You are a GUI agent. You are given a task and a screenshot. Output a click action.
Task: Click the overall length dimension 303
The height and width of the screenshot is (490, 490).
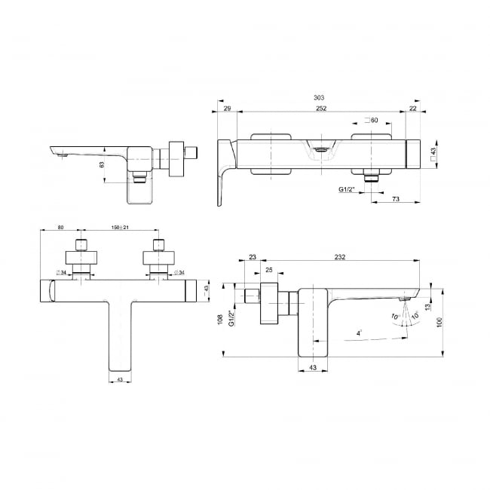click(319, 98)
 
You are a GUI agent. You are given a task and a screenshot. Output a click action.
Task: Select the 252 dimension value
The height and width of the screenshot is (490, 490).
click(321, 109)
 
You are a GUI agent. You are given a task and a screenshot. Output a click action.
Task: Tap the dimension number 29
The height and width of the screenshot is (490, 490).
click(228, 109)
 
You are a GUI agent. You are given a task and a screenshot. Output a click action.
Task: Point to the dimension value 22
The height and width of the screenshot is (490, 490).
click(413, 109)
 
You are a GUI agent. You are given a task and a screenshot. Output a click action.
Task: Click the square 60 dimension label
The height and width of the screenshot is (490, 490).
click(371, 120)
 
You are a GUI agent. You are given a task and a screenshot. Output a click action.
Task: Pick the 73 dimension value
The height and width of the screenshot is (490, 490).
click(396, 199)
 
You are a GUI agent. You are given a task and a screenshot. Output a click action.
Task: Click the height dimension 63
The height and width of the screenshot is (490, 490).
click(102, 164)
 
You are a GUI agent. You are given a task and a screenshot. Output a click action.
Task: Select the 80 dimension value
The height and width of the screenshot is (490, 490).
click(60, 227)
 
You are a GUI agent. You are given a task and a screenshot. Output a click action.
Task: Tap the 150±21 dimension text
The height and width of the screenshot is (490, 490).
click(120, 227)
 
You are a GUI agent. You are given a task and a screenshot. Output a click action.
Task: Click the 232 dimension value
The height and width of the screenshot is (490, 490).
click(340, 257)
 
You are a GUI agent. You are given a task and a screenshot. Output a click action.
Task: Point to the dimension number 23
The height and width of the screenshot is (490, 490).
click(253, 257)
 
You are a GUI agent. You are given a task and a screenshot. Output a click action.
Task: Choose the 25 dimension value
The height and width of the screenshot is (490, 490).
click(269, 270)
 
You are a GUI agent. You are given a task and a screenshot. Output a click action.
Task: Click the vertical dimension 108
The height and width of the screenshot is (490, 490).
click(220, 320)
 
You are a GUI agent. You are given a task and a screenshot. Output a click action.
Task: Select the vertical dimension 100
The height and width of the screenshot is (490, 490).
click(439, 322)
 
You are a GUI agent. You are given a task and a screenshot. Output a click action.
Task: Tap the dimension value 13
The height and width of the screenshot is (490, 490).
click(428, 307)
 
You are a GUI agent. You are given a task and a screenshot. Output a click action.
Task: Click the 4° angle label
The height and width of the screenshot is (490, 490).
click(359, 333)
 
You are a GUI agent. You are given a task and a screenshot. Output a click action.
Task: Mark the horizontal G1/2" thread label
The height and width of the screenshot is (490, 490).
click(347, 189)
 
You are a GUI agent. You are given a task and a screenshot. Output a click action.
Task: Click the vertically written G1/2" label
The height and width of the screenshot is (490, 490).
click(231, 318)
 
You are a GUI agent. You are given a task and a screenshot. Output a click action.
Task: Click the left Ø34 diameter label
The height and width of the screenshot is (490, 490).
click(61, 272)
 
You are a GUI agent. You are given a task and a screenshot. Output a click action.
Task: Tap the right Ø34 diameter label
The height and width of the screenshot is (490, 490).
click(179, 272)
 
